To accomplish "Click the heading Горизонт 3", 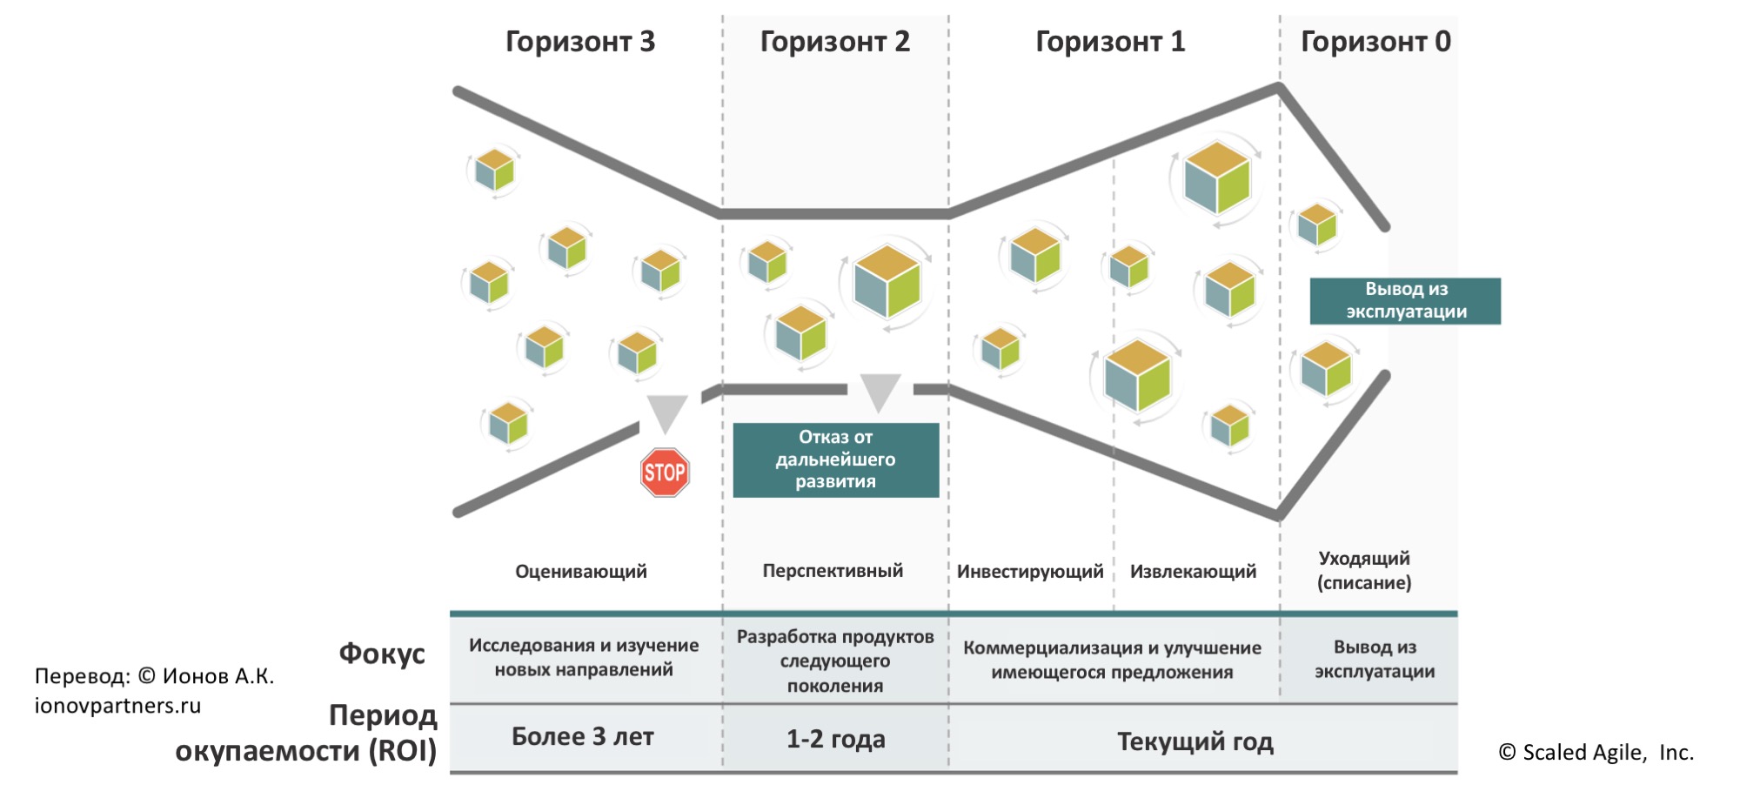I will pos(580,42).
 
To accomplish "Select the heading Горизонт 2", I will pos(834,42).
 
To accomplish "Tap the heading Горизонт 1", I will pos(1110,42).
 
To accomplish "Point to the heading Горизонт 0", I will pos(1375,42).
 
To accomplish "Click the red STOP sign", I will pos(665,473).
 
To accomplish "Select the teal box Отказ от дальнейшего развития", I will pos(836,459).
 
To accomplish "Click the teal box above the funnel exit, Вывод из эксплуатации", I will pos(1405,301).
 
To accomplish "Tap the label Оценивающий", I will pos(581,572).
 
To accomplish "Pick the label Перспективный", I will pos(833,571).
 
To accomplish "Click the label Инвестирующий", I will pos(1030,572).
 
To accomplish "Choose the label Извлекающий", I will pos(1193,572).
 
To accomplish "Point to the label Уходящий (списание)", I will pos(1364,571).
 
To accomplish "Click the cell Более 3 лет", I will pos(582,737).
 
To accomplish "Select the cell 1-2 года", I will pos(835,740).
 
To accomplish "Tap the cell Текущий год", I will pos(1195,741).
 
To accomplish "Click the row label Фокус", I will pos(382,654).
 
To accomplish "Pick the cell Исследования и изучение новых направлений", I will pos(584,658).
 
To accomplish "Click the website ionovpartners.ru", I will pos(117,706).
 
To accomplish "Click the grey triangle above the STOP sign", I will pos(667,412).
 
